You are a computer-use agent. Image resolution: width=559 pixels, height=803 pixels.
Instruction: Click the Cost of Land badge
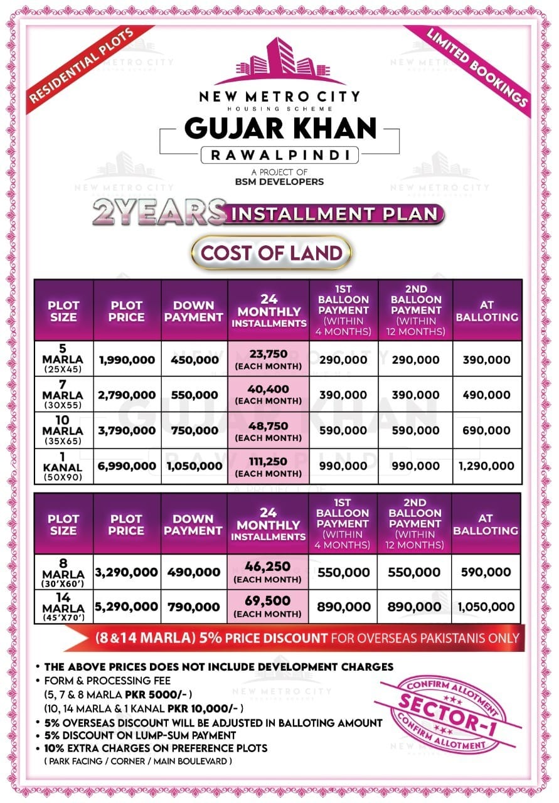[x=272, y=253]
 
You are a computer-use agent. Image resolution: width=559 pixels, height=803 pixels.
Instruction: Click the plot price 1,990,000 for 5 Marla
[x=127, y=360]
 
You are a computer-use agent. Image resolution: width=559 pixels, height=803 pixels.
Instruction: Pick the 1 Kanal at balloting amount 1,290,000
[x=486, y=466]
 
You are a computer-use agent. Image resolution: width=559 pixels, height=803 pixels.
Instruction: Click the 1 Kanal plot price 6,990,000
[x=127, y=466]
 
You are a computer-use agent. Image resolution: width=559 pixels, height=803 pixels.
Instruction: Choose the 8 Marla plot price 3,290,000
[x=127, y=572]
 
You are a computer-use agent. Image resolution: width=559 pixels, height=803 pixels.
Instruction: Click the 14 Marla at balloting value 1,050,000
[x=486, y=607]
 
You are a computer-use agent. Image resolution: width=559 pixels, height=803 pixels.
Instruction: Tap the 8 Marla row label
[x=63, y=572]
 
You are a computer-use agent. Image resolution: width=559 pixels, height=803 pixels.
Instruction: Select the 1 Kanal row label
[x=63, y=466]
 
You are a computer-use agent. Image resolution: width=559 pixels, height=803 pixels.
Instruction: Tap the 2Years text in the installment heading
[x=159, y=213]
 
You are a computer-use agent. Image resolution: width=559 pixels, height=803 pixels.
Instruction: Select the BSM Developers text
[x=280, y=182]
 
